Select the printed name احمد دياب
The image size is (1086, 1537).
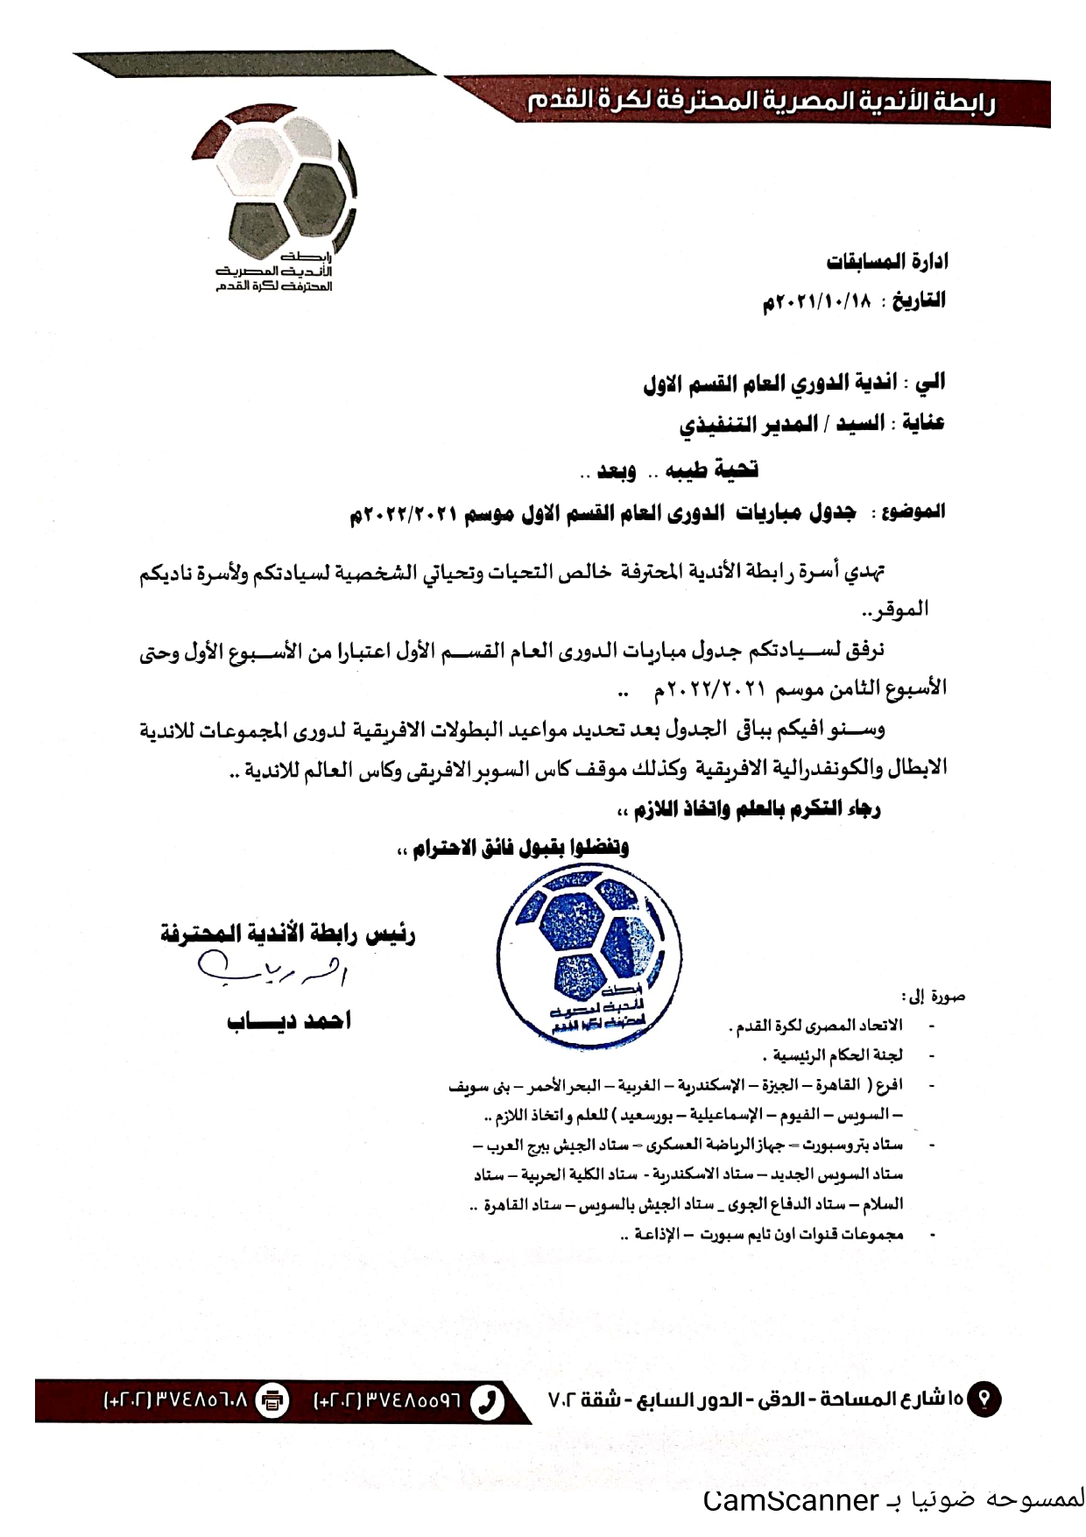pos(289,1020)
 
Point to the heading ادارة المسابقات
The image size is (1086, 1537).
pos(886,262)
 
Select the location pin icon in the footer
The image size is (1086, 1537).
pos(986,1400)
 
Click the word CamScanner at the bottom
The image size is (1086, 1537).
pos(790,1499)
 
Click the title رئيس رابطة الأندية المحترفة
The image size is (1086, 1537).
pos(288,934)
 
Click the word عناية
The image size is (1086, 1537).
pos(919,424)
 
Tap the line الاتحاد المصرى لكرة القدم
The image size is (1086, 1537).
pos(815,1025)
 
